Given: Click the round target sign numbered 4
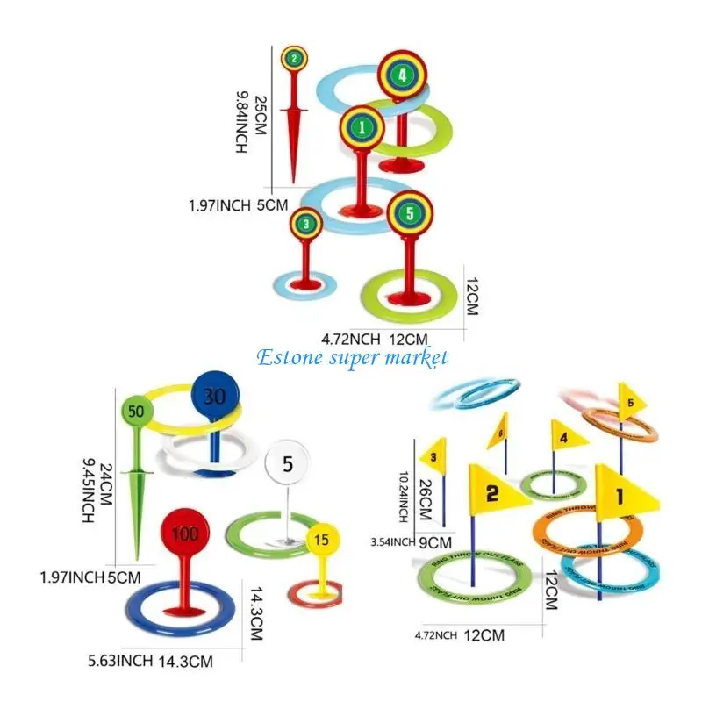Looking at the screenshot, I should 402,75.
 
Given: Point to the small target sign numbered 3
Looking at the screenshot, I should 305,224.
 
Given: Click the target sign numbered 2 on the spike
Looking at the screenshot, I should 295,59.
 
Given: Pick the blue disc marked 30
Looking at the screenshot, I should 214,396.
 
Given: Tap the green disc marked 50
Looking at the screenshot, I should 135,410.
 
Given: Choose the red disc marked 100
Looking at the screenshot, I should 186,533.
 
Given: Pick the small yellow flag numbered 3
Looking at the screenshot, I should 432,455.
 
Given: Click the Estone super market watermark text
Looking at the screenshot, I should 353,357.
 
